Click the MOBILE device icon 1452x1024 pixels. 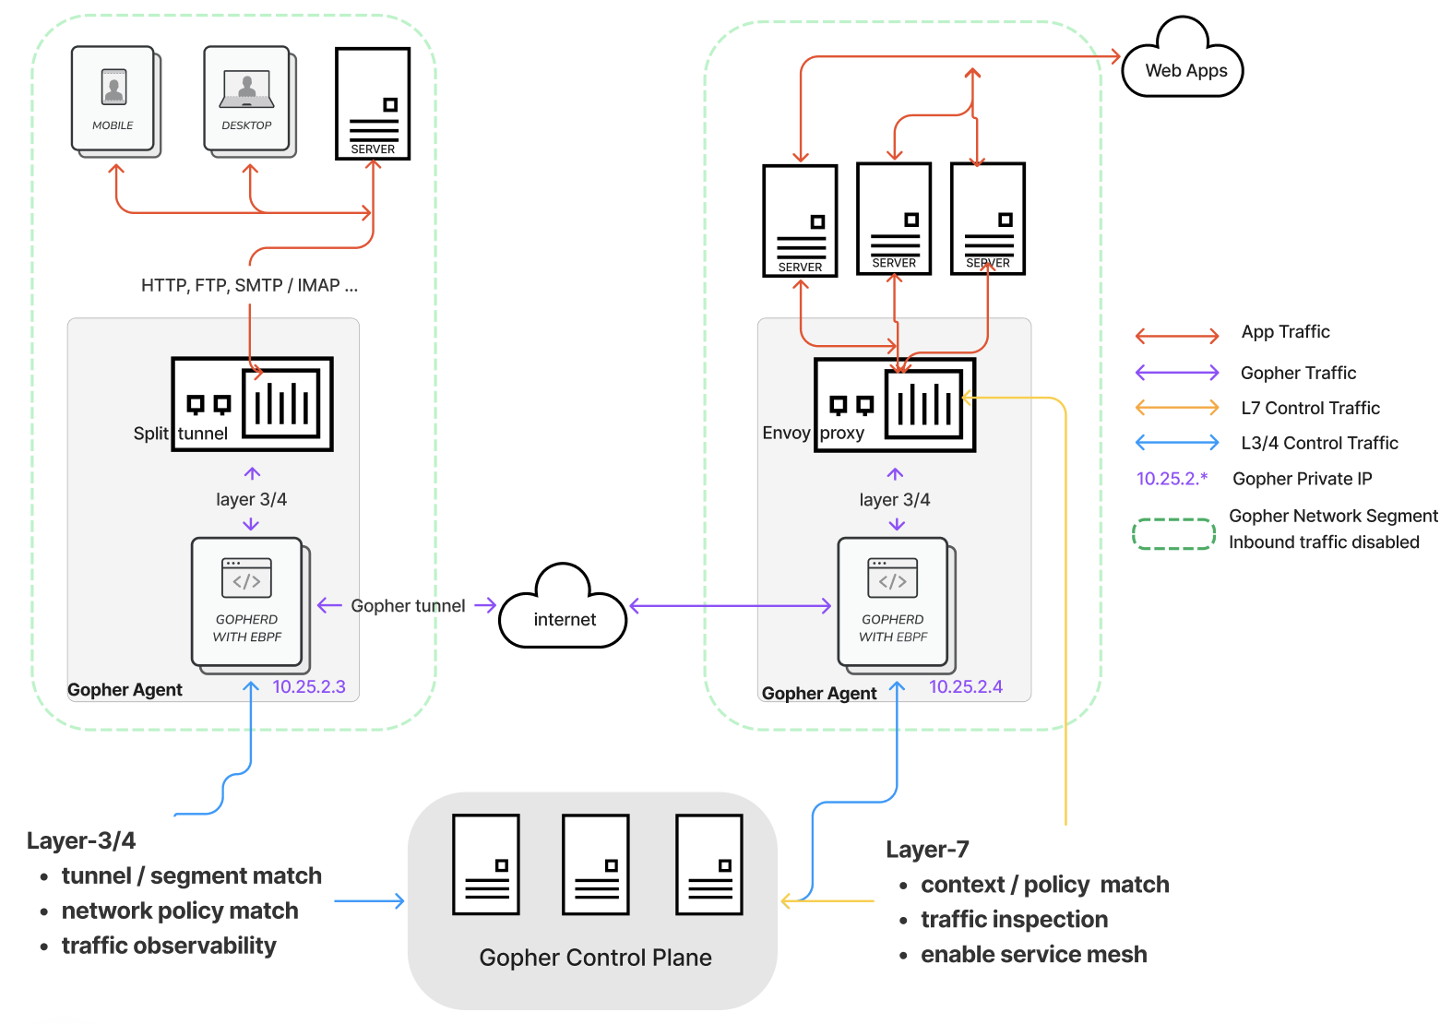click(113, 101)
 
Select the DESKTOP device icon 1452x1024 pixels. click(247, 101)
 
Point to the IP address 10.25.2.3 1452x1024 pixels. click(308, 686)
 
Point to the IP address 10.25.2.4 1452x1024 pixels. click(965, 686)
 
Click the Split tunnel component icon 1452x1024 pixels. click(252, 404)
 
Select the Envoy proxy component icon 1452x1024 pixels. click(894, 404)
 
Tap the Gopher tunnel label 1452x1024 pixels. click(408, 605)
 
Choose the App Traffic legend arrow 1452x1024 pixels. click(1177, 336)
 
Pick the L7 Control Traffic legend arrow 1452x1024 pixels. click(1177, 407)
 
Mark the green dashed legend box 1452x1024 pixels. click(1173, 533)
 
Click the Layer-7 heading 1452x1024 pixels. click(927, 849)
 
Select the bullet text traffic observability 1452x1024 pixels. click(169, 946)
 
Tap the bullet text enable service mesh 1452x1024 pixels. click(1033, 954)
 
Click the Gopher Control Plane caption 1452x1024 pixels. click(595, 958)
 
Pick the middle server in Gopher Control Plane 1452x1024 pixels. click(596, 864)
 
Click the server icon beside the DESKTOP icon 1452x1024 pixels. click(373, 103)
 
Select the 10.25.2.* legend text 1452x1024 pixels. click(1172, 478)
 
